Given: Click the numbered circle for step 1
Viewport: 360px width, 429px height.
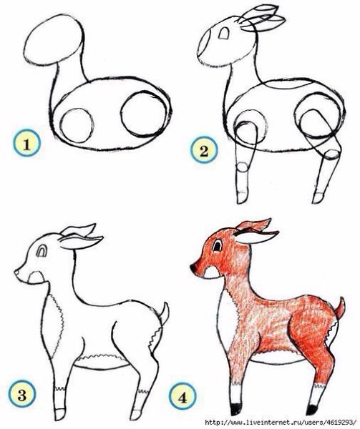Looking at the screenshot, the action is [26, 144].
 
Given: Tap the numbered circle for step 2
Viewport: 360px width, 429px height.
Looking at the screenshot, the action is [204, 150].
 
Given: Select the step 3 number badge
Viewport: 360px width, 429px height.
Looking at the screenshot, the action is [22, 395].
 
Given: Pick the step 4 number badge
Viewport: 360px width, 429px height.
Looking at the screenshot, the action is [183, 397].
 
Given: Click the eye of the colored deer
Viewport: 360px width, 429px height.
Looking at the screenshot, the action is [217, 245].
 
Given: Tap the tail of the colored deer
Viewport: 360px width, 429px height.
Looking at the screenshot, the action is [340, 308].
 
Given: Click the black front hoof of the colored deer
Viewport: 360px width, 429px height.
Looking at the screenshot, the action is [235, 409].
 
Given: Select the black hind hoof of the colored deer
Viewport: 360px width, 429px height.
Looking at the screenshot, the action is [311, 410].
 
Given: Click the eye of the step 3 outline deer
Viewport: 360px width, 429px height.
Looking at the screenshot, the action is [42, 251].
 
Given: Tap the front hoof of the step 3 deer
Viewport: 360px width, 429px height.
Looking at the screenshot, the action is [59, 414].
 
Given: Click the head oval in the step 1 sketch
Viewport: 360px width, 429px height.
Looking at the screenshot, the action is [54, 40].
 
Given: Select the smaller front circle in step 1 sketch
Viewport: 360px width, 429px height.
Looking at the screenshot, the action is [77, 126].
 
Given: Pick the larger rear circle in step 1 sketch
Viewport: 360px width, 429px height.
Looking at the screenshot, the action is [143, 114].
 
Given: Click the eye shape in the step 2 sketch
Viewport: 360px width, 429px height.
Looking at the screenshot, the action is [224, 33].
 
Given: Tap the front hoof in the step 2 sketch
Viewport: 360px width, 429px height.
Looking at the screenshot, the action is [243, 197].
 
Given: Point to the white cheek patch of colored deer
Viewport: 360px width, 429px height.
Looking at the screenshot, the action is [212, 272].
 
